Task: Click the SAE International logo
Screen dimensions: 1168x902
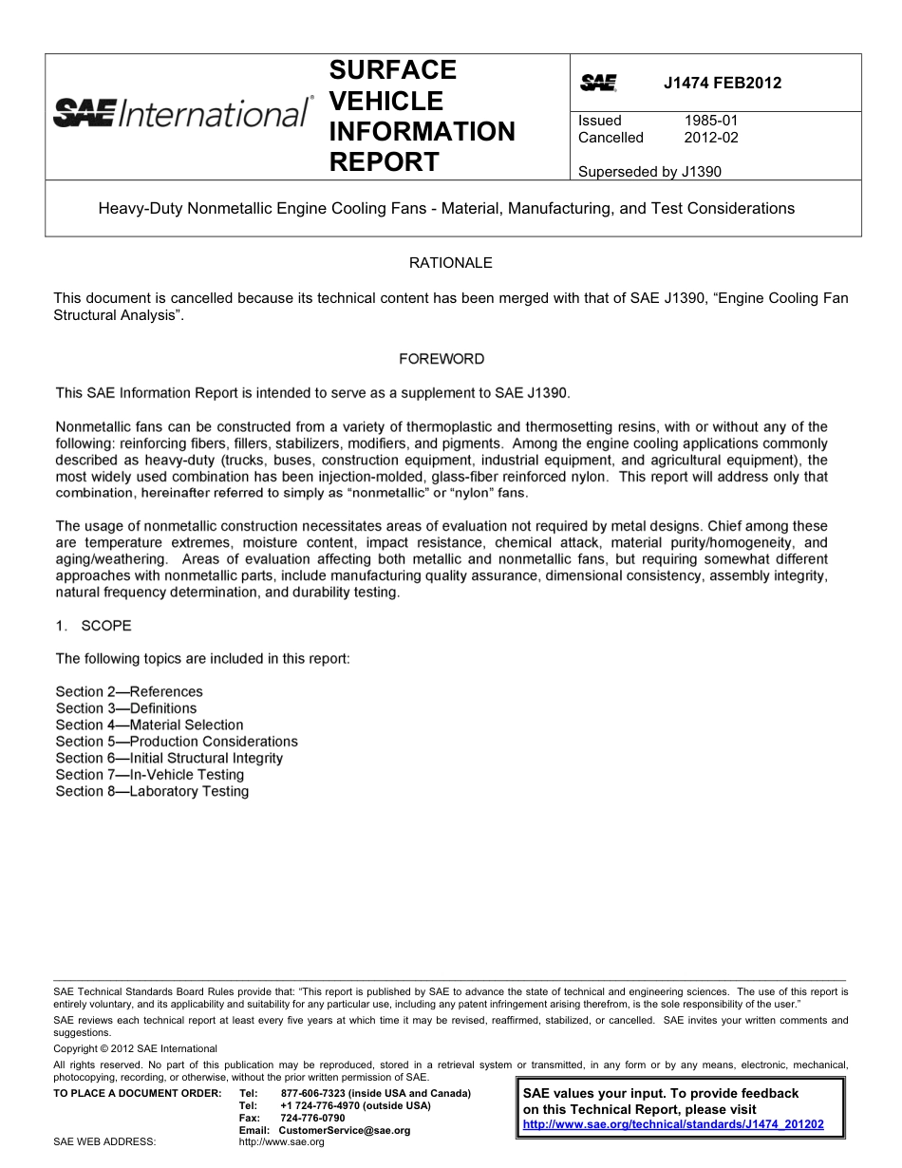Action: [x=181, y=113]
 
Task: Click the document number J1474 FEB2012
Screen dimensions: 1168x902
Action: [x=722, y=83]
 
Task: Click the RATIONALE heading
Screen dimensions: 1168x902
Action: [x=450, y=262]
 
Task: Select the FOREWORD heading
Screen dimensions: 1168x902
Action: [x=441, y=359]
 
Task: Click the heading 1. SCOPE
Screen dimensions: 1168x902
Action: [x=93, y=626]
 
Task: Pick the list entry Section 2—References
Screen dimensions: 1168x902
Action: [x=129, y=691]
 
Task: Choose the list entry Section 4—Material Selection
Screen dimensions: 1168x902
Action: [x=149, y=725]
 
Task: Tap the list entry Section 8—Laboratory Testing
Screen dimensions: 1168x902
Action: [x=152, y=791]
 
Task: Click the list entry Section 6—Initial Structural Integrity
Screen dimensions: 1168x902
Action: [x=169, y=758]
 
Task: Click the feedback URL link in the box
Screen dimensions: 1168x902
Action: [x=673, y=1124]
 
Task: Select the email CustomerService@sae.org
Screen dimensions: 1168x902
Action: [x=344, y=1130]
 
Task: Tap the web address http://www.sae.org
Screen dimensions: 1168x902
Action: [x=281, y=1141]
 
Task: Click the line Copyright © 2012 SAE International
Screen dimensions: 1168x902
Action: [x=135, y=1048]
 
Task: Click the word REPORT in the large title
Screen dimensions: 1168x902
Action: [x=384, y=161]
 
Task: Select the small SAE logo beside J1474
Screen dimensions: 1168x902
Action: [x=598, y=84]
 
